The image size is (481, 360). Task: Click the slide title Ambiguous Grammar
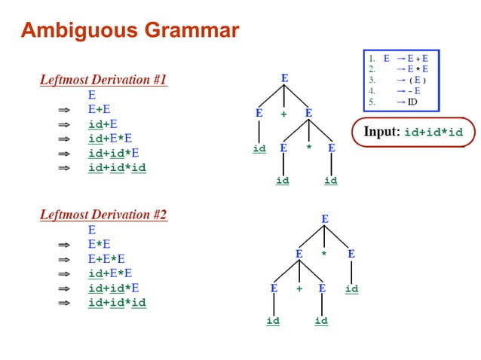point(130,31)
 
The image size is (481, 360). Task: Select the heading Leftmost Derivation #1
point(103,80)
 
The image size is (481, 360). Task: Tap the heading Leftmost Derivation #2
point(103,215)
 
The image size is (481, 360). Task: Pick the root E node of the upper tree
point(284,78)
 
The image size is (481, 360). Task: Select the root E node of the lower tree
point(325,219)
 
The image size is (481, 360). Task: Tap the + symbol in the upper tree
point(284,114)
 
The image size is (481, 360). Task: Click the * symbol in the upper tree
point(308,148)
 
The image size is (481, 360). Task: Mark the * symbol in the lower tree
point(324,255)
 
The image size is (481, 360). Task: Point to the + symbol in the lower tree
point(299,288)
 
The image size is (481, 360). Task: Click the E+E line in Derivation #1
point(99,110)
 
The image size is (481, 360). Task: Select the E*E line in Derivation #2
point(99,244)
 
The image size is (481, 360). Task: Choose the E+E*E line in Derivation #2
point(105,258)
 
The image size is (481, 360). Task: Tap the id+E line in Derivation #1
point(103,124)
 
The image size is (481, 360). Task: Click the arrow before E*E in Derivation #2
point(64,244)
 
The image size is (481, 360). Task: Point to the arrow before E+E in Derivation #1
point(64,110)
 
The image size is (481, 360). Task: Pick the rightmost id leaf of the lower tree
point(351,288)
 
